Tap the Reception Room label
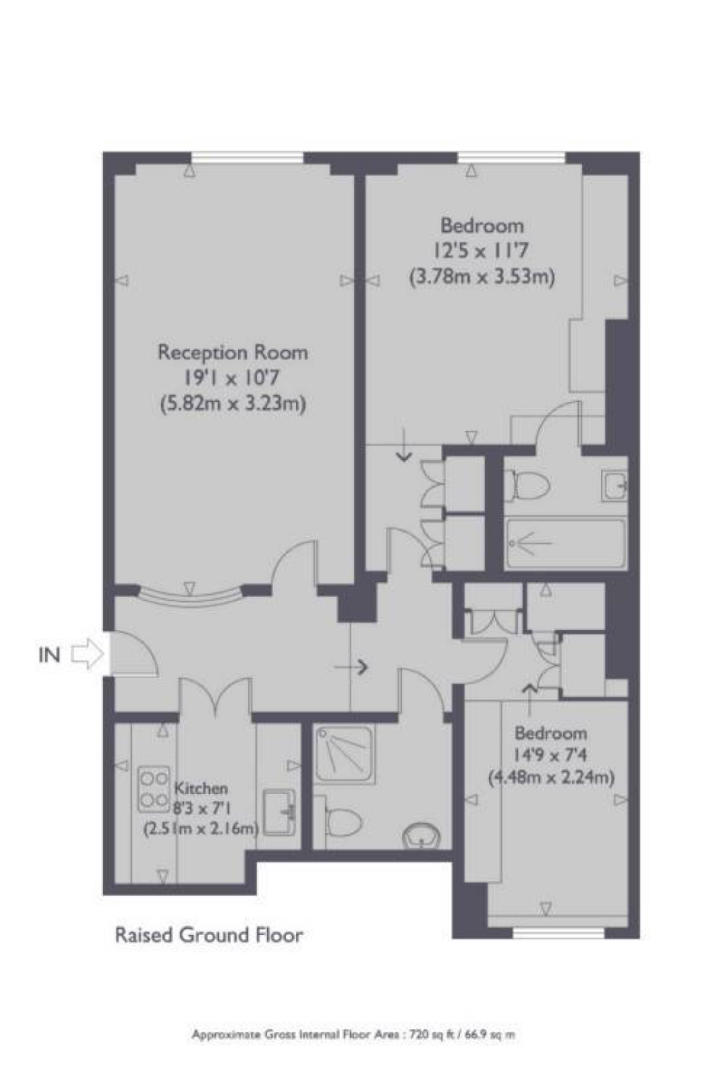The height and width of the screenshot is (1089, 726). coord(232,352)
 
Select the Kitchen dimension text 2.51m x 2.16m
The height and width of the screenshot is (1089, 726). coord(201,829)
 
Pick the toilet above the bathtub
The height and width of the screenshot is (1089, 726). coord(530,485)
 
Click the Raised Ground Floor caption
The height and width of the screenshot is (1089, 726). coord(209,935)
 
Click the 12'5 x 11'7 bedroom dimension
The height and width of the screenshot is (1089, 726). coord(481,251)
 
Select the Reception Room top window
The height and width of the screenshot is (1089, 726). coord(247,157)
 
